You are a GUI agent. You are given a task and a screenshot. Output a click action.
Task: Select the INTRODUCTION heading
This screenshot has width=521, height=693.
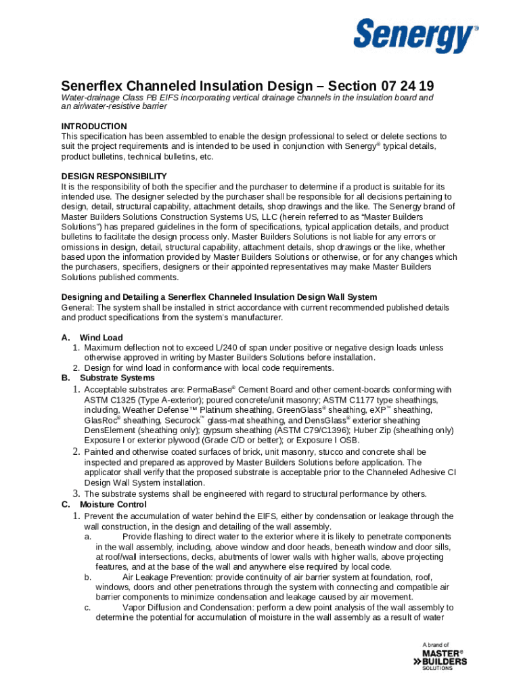pos(94,127)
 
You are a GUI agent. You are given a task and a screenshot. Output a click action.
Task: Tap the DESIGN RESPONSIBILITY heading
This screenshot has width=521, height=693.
pos(114,176)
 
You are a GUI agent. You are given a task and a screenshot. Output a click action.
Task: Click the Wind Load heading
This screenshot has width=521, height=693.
pos(101,338)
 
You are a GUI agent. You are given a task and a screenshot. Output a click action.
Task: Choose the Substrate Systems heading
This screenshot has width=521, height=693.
pos(117,378)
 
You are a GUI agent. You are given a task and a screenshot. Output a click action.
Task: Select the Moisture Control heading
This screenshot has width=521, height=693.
pos(113,504)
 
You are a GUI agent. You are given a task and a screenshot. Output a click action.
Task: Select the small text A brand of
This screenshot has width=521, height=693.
pos(435,645)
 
